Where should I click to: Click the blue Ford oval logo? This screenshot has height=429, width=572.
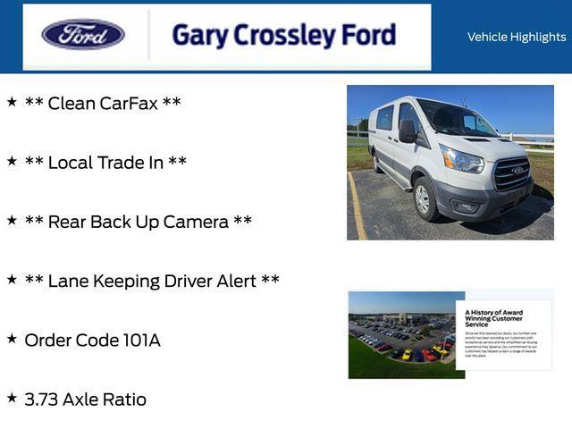(x=83, y=35)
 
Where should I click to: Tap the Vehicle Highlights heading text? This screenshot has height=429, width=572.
(x=516, y=37)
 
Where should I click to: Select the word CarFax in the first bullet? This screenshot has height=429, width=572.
(x=128, y=103)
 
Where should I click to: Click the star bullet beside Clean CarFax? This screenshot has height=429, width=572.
(x=12, y=102)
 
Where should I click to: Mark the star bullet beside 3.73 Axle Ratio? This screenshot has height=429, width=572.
(x=12, y=399)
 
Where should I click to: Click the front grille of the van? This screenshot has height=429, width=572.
(x=512, y=172)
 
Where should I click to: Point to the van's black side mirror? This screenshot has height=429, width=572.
(x=408, y=131)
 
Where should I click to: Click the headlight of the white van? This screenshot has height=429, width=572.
(x=461, y=160)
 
